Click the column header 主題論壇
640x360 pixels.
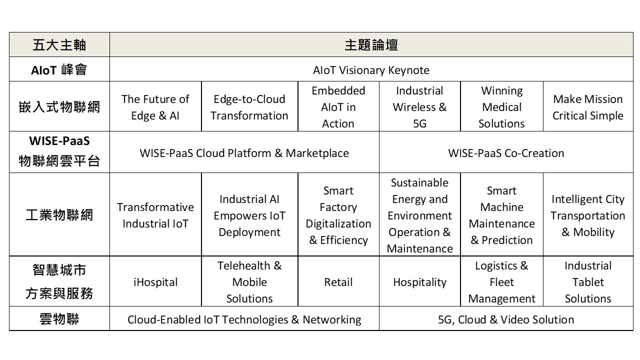(371, 45)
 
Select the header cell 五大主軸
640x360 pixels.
(59, 45)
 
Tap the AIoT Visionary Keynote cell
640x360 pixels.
(371, 70)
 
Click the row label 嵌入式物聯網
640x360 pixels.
(59, 107)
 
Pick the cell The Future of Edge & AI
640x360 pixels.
(155, 107)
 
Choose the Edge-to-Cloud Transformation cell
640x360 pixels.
(249, 107)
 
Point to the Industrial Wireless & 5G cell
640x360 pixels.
(419, 107)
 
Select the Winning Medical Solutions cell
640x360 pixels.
(501, 107)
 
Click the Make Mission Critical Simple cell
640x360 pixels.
(588, 107)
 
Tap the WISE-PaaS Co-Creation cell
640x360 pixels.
(506, 153)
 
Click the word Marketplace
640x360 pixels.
(317, 153)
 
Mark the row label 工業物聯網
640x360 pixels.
(59, 215)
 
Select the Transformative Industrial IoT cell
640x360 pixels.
(155, 215)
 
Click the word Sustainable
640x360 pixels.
(419, 182)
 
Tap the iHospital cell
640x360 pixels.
(155, 282)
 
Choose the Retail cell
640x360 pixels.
(338, 282)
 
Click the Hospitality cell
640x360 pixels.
(419, 282)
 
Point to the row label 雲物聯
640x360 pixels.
(59, 319)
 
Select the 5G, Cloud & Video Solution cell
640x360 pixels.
(506, 319)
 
